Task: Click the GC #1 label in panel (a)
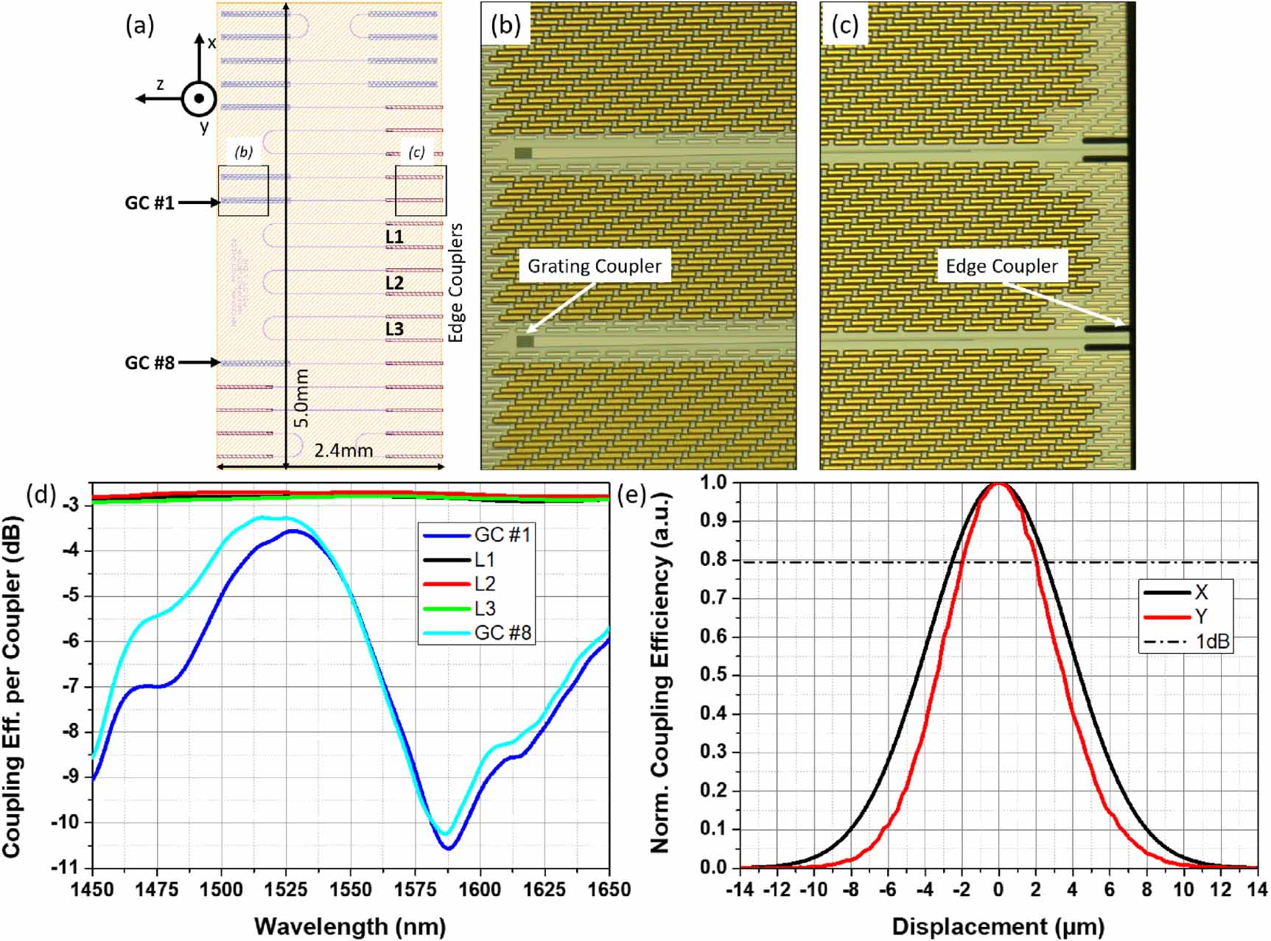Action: pyautogui.click(x=149, y=203)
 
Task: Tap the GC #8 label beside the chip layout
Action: pyautogui.click(x=149, y=363)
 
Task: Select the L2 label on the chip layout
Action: pyautogui.click(x=395, y=283)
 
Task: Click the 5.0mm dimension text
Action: pyautogui.click(x=301, y=399)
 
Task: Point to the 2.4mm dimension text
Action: pyautogui.click(x=343, y=450)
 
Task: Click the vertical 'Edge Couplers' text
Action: pyautogui.click(x=456, y=282)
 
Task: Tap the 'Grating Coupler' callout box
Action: pyautogui.click(x=594, y=266)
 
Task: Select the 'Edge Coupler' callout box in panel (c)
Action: pyautogui.click(x=1001, y=266)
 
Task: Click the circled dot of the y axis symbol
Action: pyautogui.click(x=199, y=99)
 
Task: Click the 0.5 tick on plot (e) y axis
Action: pyautogui.click(x=712, y=675)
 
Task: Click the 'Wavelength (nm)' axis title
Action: pyautogui.click(x=350, y=926)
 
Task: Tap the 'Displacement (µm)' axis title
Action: pyautogui.click(x=998, y=926)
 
